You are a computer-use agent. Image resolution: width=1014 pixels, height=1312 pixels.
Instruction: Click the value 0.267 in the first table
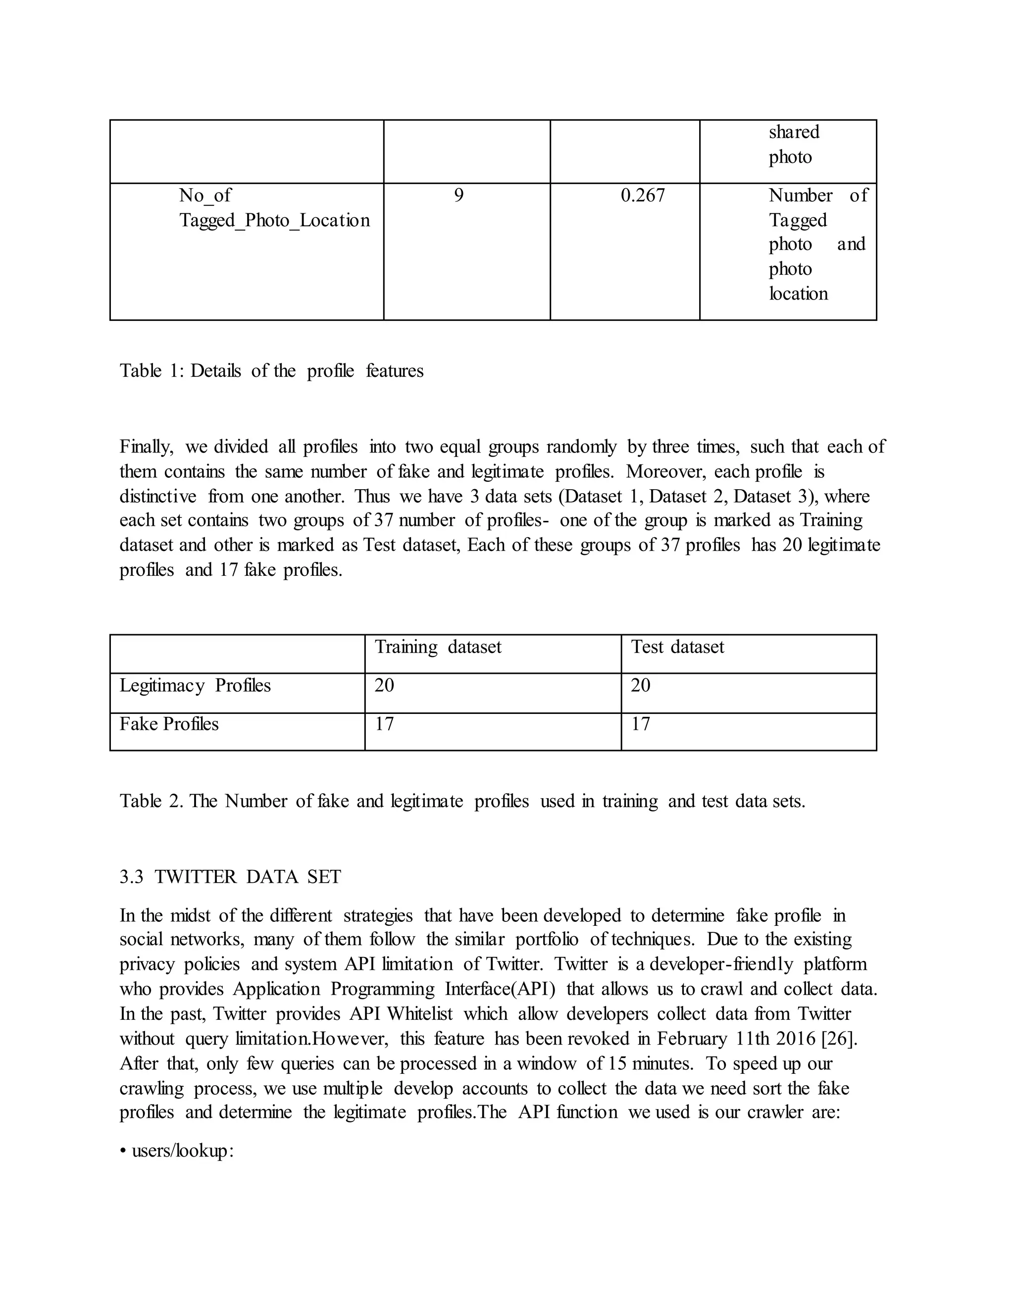642,195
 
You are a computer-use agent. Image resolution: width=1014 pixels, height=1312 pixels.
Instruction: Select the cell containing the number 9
458,195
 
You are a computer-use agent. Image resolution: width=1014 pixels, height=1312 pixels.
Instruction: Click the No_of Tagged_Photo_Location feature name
274,208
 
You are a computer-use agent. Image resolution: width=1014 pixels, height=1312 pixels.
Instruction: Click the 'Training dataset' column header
437,647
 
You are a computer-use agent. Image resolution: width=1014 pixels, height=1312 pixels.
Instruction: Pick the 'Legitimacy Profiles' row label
195,685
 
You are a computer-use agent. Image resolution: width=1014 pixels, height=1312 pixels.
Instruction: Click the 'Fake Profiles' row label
169,724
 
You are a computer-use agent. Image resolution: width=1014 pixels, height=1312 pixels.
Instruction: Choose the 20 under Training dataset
384,685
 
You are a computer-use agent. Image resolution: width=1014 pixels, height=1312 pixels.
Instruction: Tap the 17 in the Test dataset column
640,724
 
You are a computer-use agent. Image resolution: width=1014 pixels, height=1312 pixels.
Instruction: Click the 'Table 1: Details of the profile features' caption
271,371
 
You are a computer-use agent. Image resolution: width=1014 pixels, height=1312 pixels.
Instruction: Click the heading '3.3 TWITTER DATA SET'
230,877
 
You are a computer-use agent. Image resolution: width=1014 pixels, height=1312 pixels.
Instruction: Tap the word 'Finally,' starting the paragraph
146,447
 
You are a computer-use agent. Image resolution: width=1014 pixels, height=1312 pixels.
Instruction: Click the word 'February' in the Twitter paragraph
691,1039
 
